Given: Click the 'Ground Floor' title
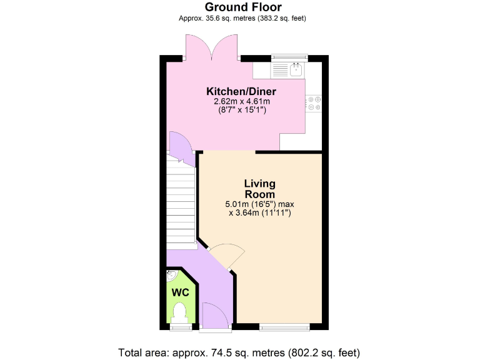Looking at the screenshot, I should (x=243, y=7).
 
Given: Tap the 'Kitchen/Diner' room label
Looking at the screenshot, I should (x=241, y=91).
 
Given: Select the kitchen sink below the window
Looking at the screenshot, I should (x=295, y=69).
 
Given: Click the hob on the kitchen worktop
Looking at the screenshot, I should (x=313, y=103).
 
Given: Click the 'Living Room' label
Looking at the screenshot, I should (x=259, y=189).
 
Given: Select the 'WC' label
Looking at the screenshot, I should (x=181, y=292).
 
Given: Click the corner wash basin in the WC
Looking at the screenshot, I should (x=171, y=275).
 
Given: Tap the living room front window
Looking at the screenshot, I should (x=284, y=326).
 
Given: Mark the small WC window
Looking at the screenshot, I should (x=181, y=326).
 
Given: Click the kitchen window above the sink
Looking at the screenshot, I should (x=289, y=57).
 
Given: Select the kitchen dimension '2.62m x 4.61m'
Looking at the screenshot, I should (x=241, y=101).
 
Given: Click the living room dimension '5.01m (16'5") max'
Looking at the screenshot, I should (x=259, y=204).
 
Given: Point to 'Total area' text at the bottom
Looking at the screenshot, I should (x=239, y=352).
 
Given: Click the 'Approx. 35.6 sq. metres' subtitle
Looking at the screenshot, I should (x=243, y=18).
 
